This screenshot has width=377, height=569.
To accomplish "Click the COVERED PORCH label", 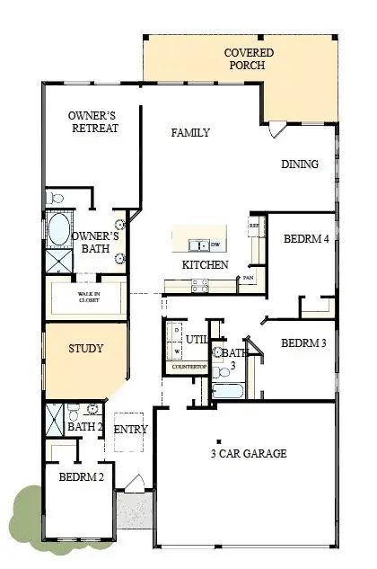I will [249, 59].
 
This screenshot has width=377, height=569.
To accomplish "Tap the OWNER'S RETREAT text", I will [93, 121].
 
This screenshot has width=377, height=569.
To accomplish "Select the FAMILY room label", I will [190, 133].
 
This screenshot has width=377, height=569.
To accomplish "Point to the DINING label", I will [299, 164].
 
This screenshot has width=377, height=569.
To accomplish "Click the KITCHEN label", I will [205, 265].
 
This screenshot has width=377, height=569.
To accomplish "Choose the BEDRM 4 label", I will [303, 240].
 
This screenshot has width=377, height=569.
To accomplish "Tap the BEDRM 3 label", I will [302, 343].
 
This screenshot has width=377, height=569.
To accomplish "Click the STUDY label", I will [86, 349].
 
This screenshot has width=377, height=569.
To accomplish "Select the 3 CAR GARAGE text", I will [249, 454].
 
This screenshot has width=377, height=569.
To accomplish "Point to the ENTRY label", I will [131, 430].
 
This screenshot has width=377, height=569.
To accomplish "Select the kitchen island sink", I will [199, 244].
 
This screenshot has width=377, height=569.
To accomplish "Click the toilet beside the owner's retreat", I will [55, 197].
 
